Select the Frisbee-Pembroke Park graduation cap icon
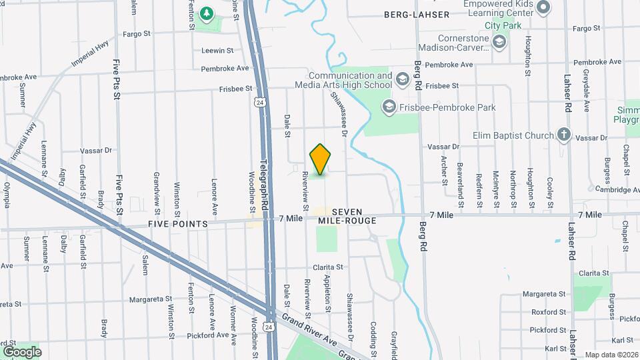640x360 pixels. pos(389,106)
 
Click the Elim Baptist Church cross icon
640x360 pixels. pos(564,135)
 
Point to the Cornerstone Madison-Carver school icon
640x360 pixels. pos(500,43)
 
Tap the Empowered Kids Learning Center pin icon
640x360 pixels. pos(543,8)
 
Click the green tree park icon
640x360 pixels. pos(207,13)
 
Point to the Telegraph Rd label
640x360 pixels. pos(264,185)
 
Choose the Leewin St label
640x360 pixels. pos(217,50)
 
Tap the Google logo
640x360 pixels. pos(22,351)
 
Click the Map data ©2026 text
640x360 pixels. pos(611,355)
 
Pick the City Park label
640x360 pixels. pos(502,25)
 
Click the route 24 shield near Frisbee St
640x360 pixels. pos(259,102)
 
